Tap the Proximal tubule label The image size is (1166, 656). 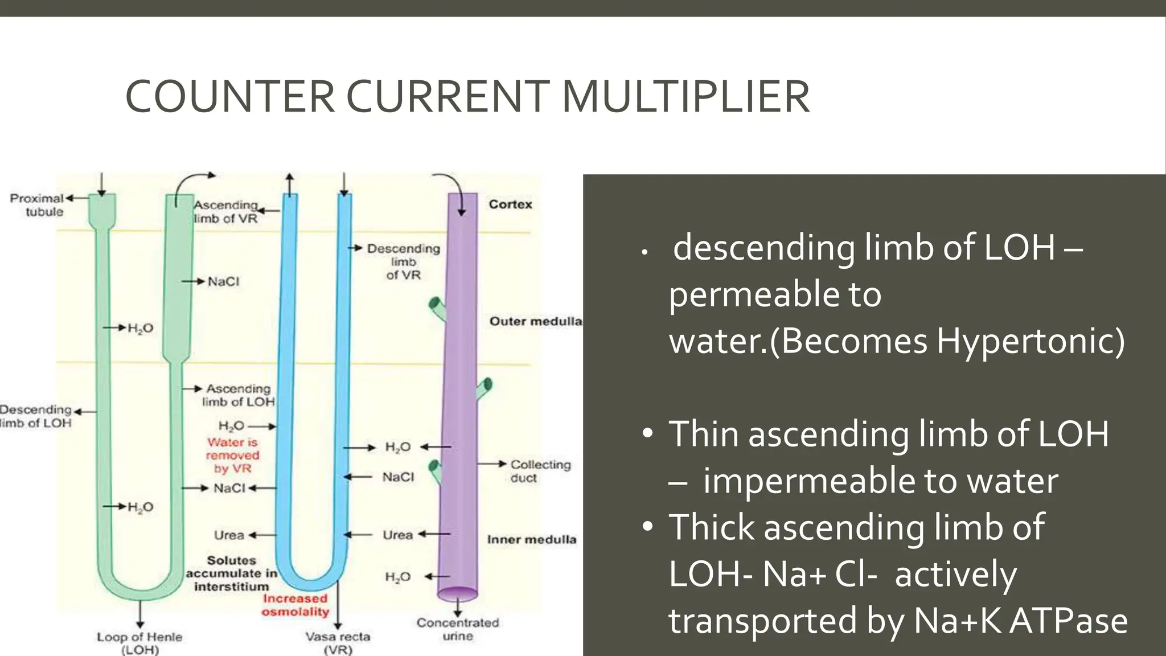(38, 205)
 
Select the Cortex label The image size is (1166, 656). (510, 204)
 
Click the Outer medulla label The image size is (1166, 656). (535, 321)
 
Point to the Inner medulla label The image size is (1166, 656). (531, 539)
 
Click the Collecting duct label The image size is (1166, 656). (539, 471)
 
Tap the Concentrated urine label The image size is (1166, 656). (458, 629)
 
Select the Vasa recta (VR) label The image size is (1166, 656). (338, 643)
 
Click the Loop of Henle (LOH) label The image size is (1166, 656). (139, 643)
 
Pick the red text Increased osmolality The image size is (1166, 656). (295, 605)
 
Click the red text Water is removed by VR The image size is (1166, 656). (233, 455)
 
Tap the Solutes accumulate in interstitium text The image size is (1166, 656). (231, 573)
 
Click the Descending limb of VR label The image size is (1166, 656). (403, 262)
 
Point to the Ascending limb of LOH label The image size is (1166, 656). (238, 395)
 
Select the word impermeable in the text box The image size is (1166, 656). (809, 481)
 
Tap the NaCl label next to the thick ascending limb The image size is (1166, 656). (223, 281)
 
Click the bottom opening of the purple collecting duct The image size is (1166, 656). (458, 594)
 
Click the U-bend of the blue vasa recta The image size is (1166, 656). (311, 584)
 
